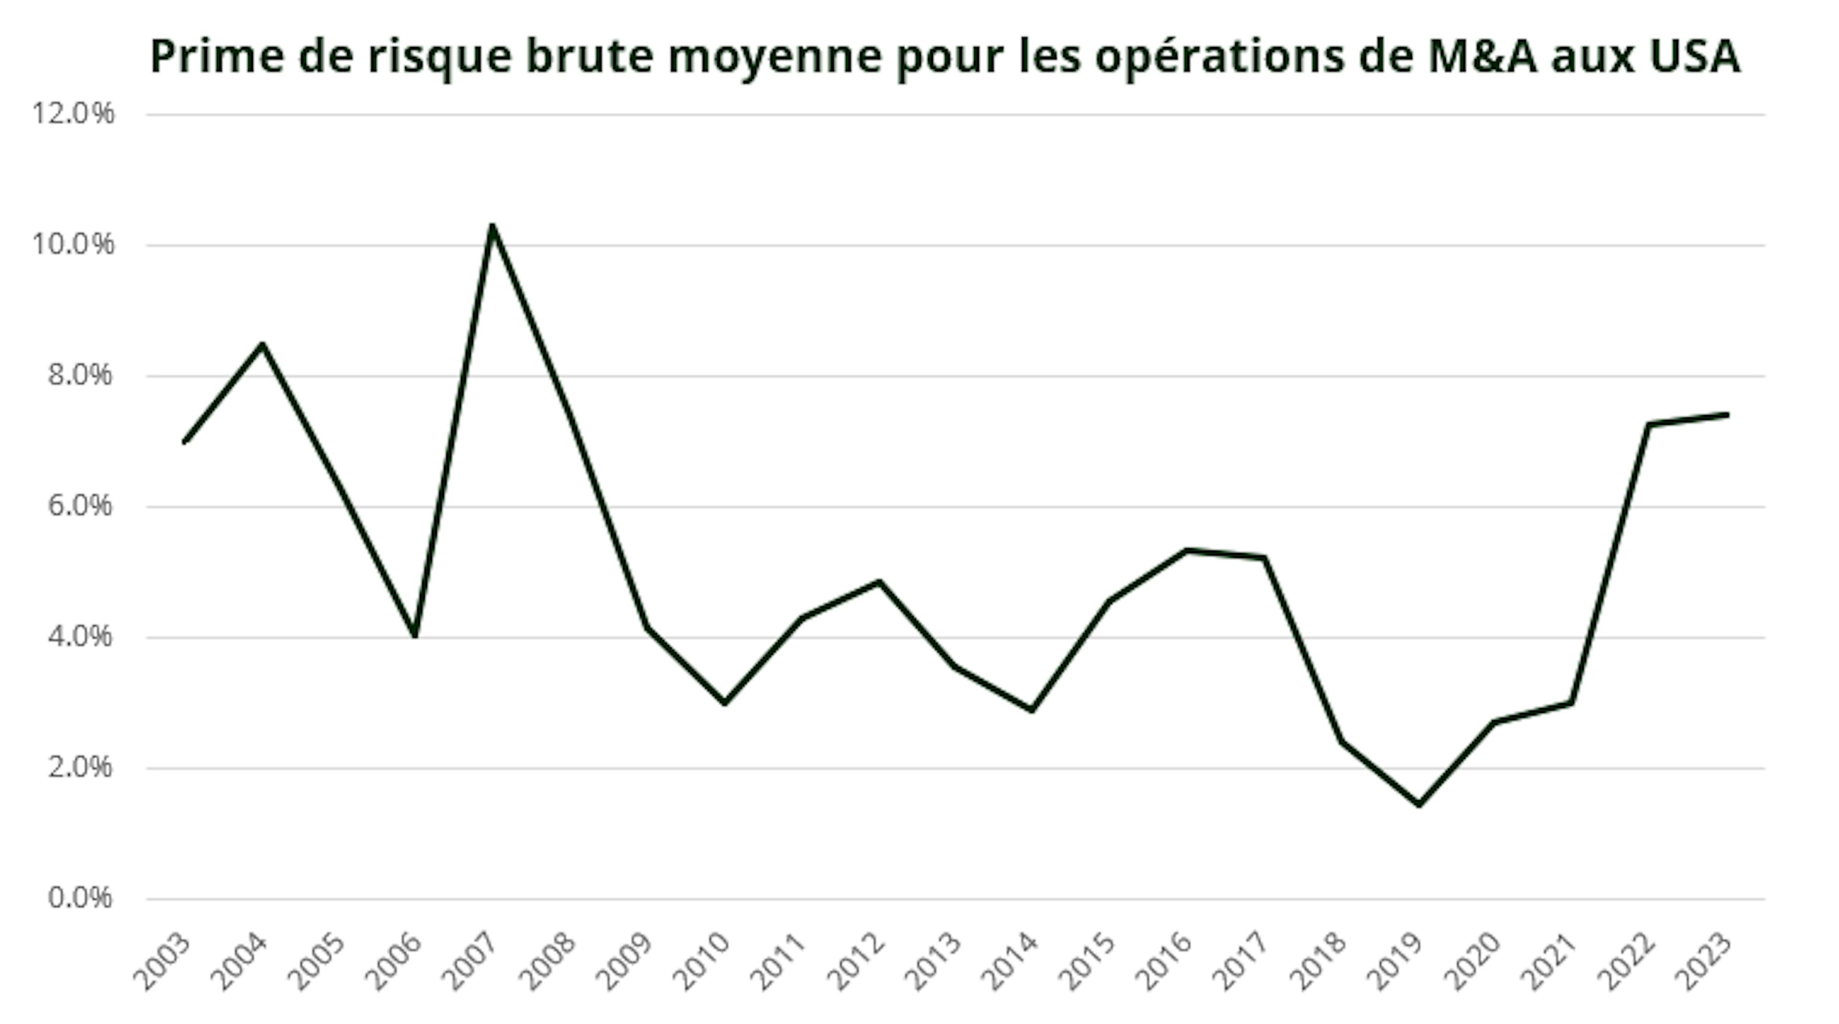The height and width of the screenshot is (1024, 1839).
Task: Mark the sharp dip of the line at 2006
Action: pyautogui.click(x=415, y=634)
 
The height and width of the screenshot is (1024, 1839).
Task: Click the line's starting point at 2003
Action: pyautogui.click(x=185, y=442)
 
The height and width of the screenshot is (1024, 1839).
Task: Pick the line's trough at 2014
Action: pyautogui.click(x=1033, y=710)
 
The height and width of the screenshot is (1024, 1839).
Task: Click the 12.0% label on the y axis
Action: pyautogui.click(x=73, y=114)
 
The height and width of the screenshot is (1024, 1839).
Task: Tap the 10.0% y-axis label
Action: pyautogui.click(x=73, y=244)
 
